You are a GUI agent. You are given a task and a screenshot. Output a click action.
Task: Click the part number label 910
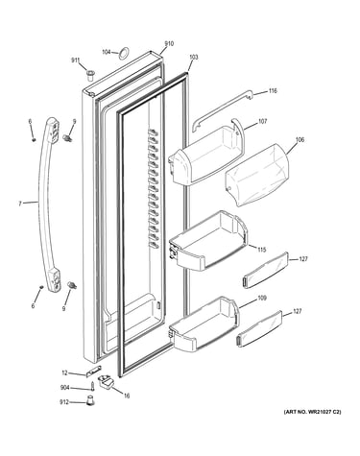click(x=169, y=43)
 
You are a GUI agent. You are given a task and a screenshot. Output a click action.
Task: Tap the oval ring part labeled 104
click(x=124, y=53)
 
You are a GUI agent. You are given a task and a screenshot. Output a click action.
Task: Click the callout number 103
click(x=194, y=57)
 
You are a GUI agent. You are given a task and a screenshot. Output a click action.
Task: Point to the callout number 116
click(x=273, y=91)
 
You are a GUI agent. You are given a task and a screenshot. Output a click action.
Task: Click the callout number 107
click(x=262, y=121)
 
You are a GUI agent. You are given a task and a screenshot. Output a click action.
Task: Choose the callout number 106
click(x=300, y=139)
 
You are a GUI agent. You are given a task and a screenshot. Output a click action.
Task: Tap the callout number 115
click(x=261, y=250)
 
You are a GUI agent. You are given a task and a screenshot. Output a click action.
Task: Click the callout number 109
click(x=262, y=299)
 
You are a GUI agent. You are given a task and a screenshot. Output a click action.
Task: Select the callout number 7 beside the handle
click(x=20, y=204)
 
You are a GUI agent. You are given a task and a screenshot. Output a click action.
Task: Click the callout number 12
click(x=64, y=372)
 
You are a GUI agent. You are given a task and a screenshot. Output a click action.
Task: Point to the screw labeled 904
click(x=92, y=386)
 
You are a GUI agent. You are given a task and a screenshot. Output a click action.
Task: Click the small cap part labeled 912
click(x=90, y=400)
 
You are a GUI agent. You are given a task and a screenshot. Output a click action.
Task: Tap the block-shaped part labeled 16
click(x=107, y=381)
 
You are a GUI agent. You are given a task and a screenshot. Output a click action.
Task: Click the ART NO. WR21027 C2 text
click(x=312, y=412)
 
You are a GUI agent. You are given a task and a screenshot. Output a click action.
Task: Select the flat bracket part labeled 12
click(x=94, y=372)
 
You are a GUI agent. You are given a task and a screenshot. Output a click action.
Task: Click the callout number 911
click(x=75, y=60)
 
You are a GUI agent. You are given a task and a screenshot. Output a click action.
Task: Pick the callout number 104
click(x=107, y=52)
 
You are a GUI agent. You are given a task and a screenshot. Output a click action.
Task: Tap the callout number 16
click(x=127, y=396)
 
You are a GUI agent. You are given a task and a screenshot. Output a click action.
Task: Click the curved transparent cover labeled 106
click(x=257, y=175)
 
